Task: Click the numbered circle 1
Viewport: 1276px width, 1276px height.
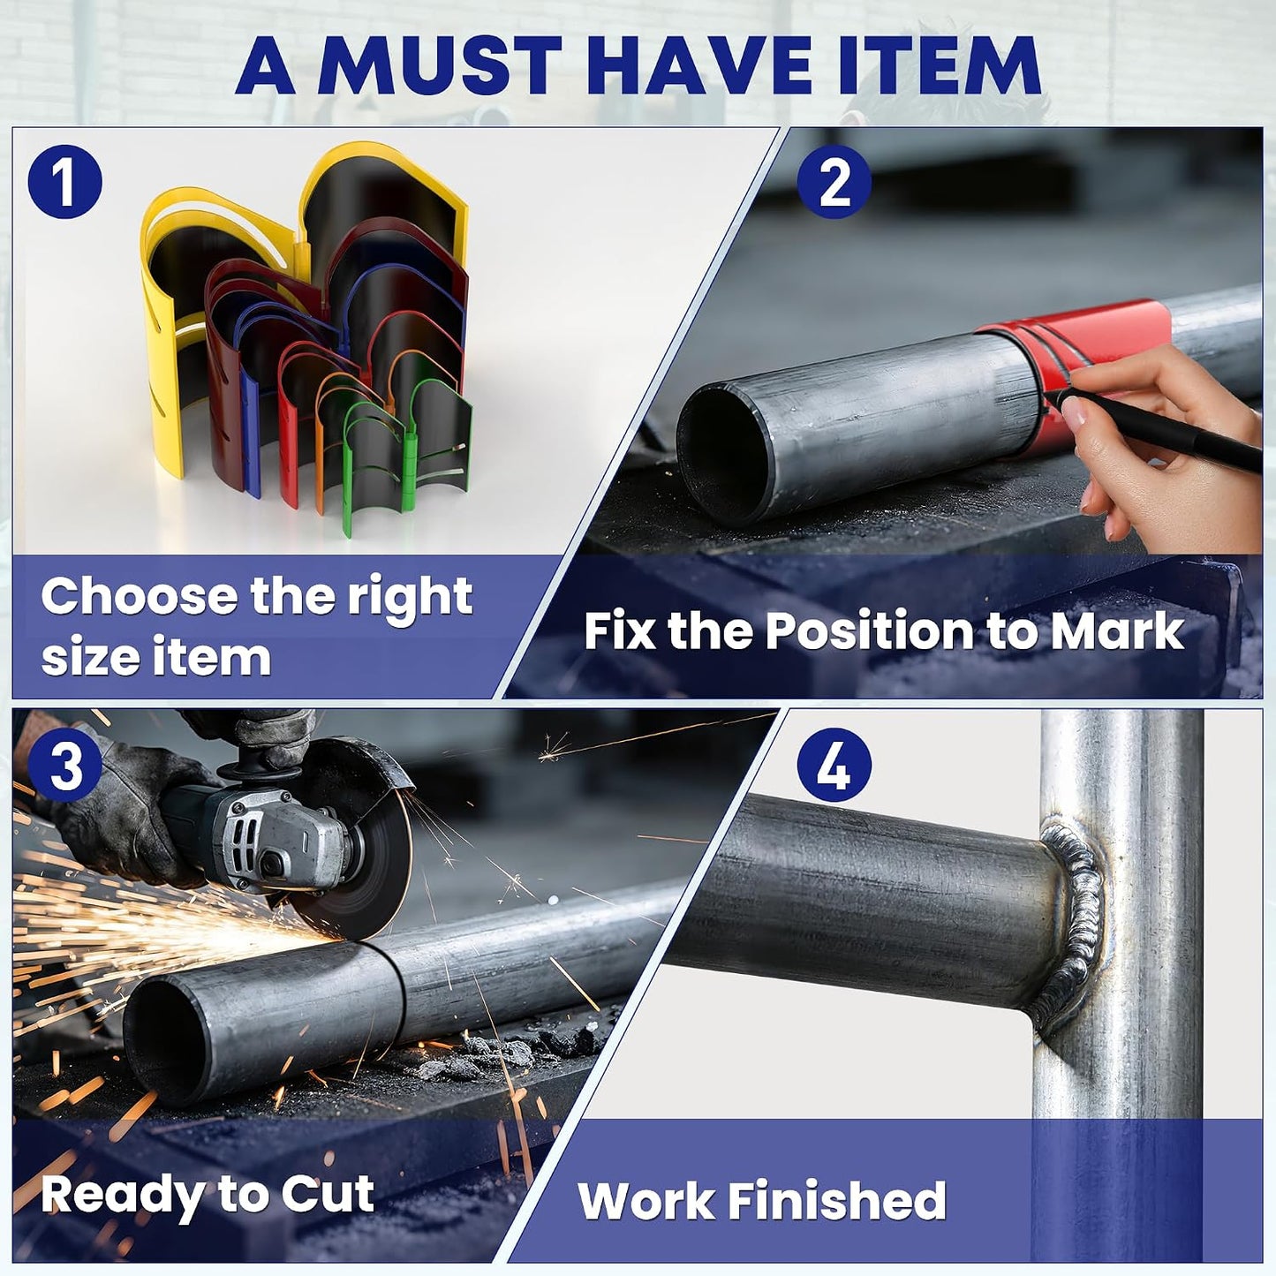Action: [64, 182]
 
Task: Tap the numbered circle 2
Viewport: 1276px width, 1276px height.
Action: [834, 182]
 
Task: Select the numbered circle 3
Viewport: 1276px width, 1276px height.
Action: [64, 766]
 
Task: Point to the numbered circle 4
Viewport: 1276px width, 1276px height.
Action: [834, 766]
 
